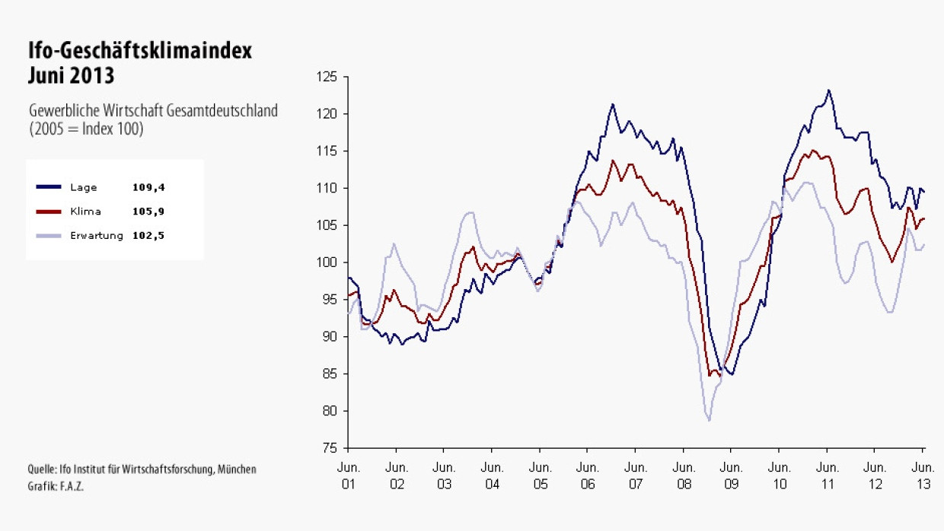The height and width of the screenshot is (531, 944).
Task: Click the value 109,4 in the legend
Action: click(x=148, y=187)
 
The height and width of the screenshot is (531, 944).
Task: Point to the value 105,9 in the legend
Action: click(x=148, y=211)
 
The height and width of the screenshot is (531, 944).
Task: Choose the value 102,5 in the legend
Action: click(x=148, y=236)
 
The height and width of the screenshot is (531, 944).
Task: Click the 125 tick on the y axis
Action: click(x=327, y=77)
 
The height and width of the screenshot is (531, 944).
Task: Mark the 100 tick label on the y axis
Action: click(x=327, y=262)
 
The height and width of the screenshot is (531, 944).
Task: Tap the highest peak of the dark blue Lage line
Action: click(x=828, y=90)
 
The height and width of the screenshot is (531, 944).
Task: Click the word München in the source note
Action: click(x=237, y=469)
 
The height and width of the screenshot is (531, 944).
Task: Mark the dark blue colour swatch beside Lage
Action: click(x=49, y=187)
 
